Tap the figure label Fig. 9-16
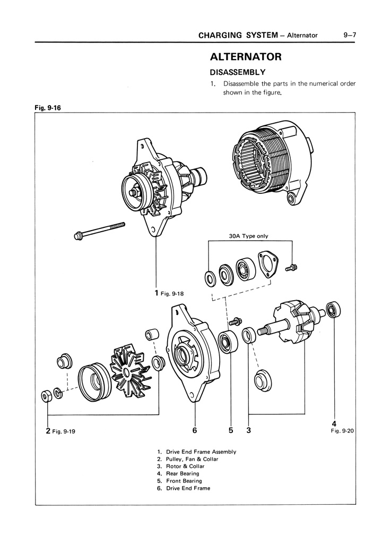pos(48,108)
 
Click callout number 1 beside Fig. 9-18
pos(157,292)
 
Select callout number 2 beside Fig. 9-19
pos(48,431)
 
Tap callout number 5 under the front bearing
pos(231,430)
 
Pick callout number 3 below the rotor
pos(248,430)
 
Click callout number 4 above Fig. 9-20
pos(334,423)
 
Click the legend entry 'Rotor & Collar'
pos(185,466)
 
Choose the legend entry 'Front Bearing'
pos(184,481)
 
